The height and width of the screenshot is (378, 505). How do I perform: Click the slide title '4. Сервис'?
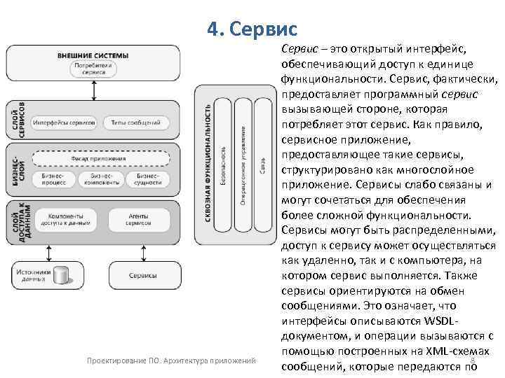pos(252,29)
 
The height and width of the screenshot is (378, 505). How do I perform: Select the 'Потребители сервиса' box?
pos(93,68)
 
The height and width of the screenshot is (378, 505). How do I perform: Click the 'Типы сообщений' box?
pos(135,123)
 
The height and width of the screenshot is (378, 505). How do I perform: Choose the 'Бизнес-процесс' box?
pos(54,178)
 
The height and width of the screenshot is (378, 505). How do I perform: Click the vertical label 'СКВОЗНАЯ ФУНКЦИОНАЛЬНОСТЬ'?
pos(208,164)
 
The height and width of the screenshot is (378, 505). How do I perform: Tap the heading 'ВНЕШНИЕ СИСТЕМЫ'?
pos(93,55)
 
